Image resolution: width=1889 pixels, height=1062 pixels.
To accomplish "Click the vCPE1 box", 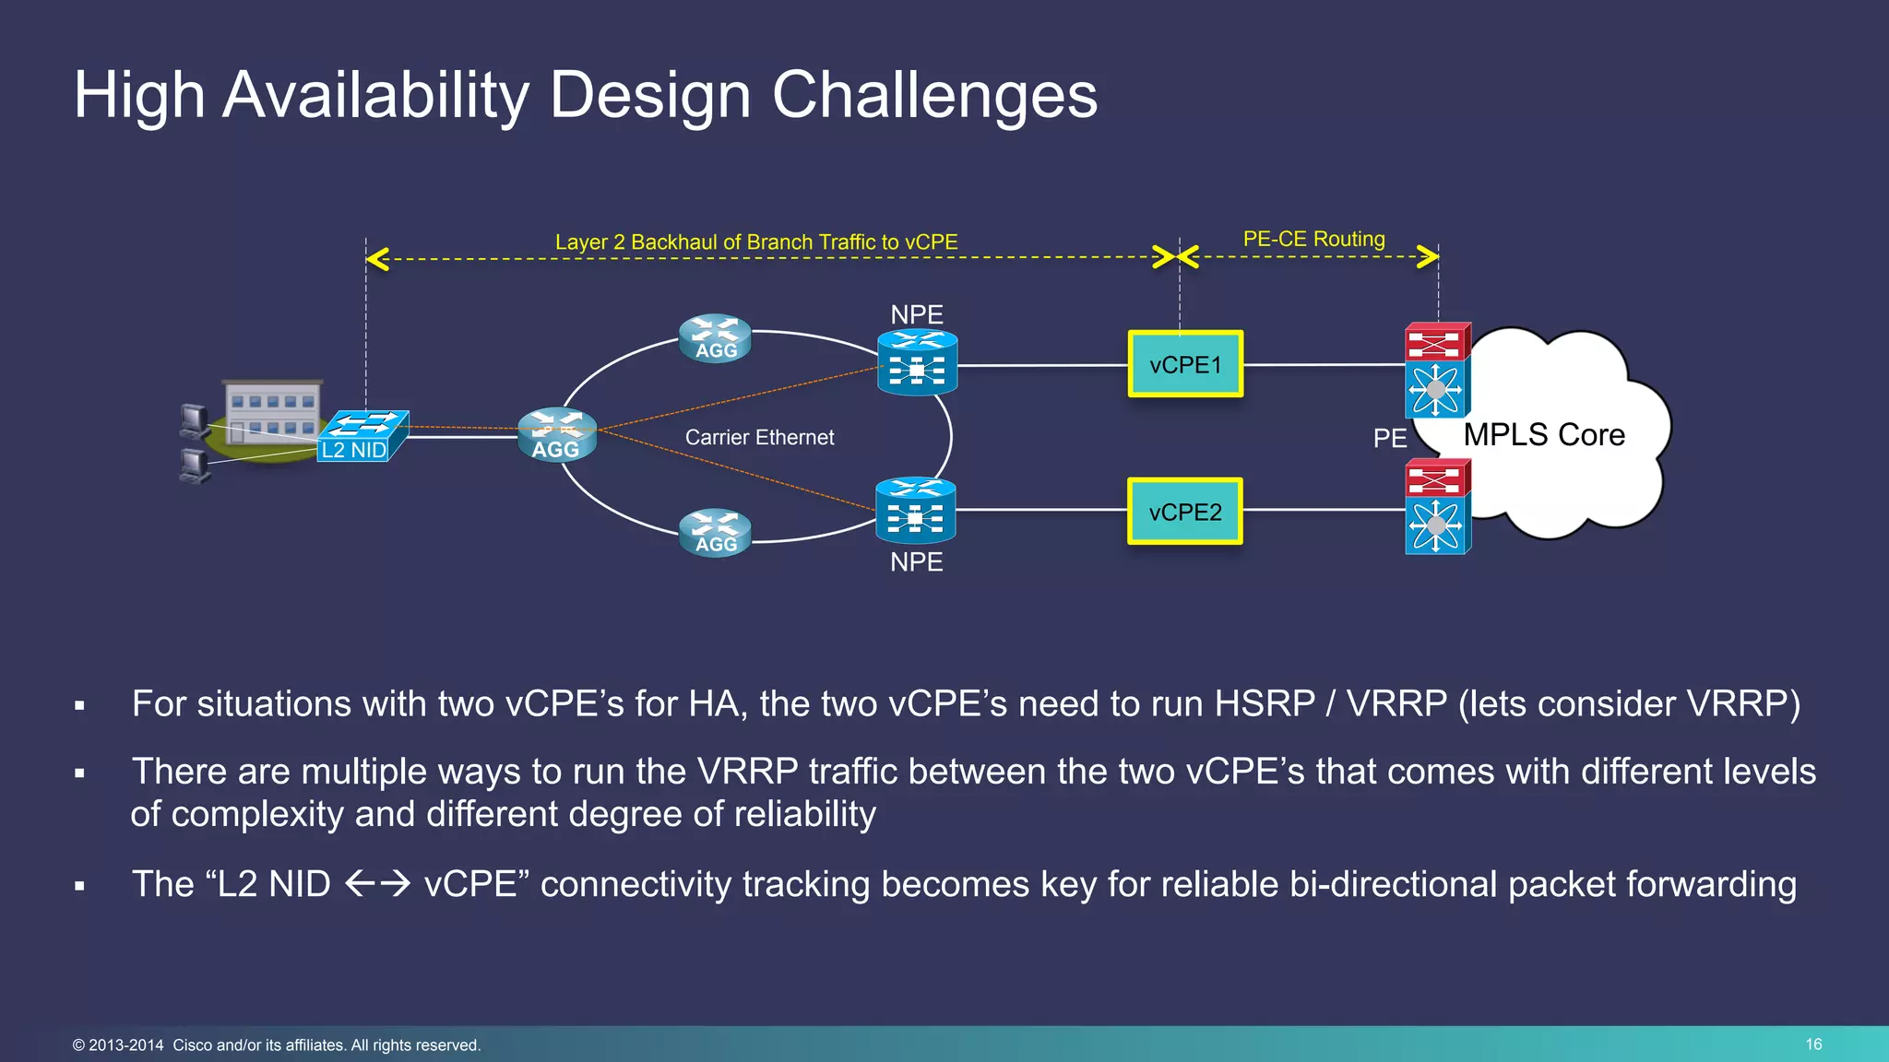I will point(1185,364).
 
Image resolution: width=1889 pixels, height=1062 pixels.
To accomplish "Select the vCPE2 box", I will point(1185,512).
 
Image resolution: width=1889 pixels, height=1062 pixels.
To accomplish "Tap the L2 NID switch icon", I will point(362,436).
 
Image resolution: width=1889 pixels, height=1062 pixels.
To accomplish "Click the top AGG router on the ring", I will point(715,339).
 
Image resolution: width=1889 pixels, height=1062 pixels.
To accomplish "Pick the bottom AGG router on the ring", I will point(715,533).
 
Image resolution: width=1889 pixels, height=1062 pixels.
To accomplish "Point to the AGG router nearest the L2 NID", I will point(556,435).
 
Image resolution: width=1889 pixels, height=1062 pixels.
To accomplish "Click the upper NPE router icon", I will point(917,363).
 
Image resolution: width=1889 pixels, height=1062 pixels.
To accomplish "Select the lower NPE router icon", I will point(915,511).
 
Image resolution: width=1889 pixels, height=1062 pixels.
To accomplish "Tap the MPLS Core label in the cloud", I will point(1544,435).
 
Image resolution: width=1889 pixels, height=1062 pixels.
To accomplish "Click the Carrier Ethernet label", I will point(759,438).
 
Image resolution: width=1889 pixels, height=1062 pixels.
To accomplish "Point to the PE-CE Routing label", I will point(1313,240).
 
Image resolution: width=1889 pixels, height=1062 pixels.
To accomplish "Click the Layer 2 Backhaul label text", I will point(756,242).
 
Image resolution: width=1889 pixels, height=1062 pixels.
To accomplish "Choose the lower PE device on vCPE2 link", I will point(1436,507).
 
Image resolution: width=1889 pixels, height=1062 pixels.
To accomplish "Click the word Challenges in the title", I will point(933,95).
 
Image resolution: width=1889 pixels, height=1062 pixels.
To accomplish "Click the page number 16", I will point(1813,1044).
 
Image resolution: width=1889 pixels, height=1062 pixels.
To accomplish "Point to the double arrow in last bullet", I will point(377,885).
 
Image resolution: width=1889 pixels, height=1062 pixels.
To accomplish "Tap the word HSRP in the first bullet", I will point(1265,704).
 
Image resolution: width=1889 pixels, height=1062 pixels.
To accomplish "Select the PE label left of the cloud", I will point(1389,439).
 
